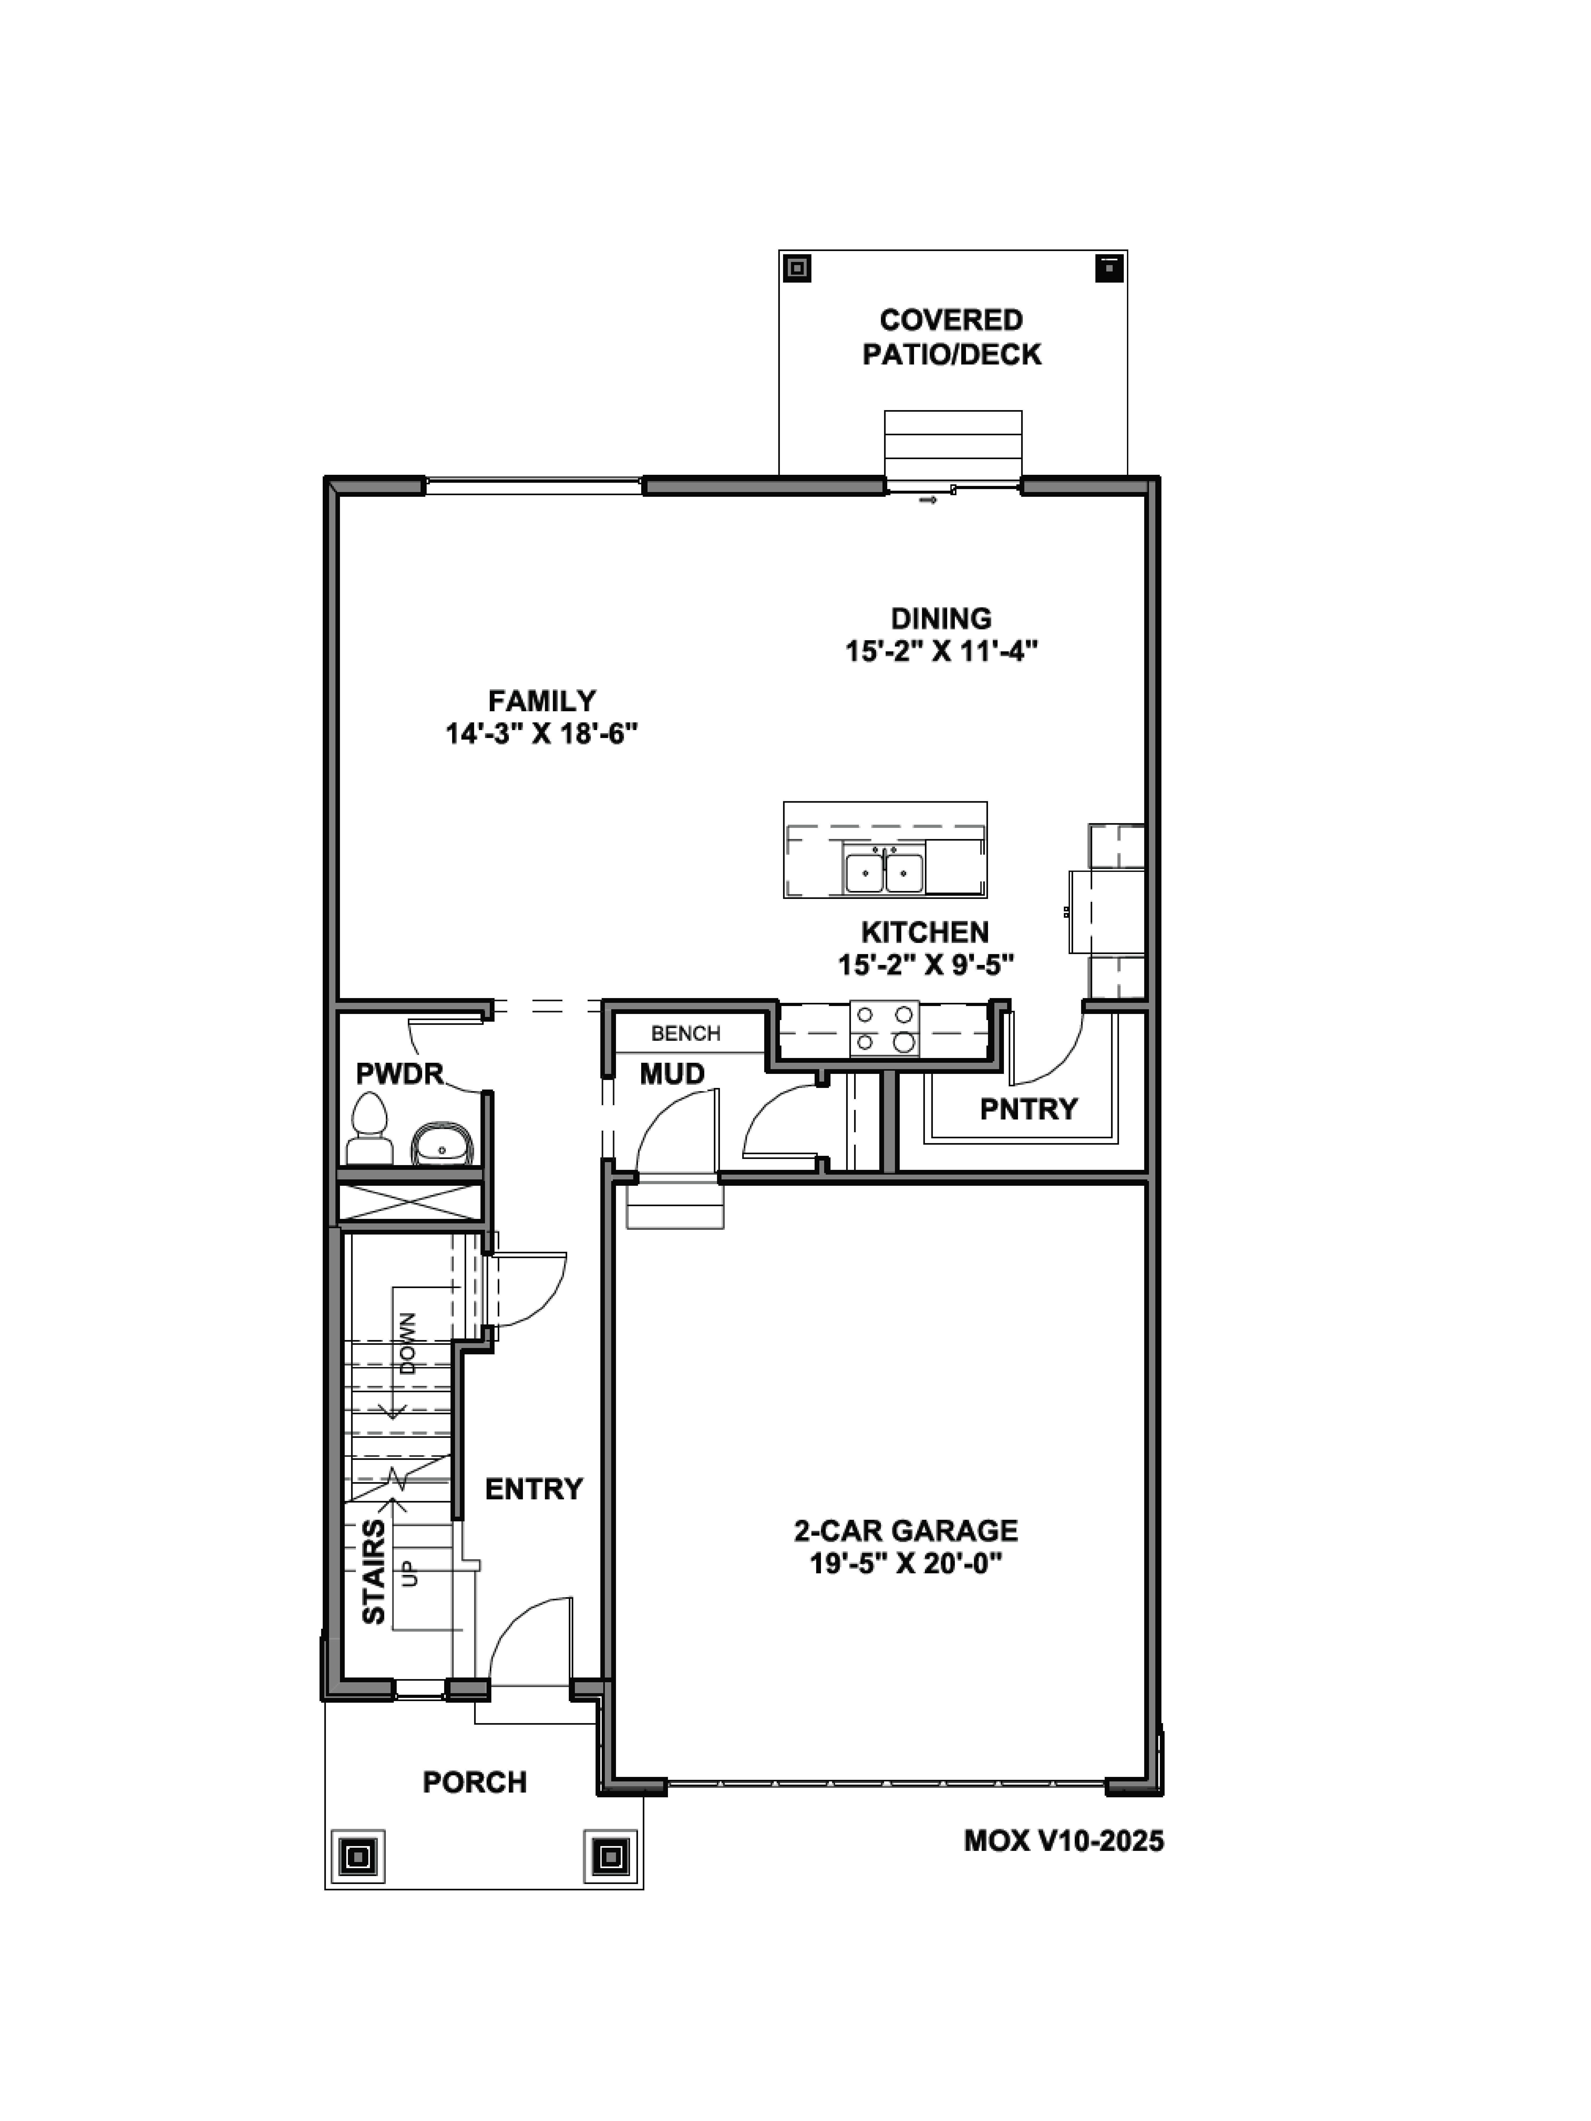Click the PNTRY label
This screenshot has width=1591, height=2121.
click(1028, 1109)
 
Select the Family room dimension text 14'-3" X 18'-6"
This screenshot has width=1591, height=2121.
click(541, 735)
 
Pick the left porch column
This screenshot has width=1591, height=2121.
click(359, 1857)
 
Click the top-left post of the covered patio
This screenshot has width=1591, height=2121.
click(796, 267)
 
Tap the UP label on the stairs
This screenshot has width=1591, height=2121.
click(410, 1574)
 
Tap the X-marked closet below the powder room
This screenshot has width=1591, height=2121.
click(409, 1202)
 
